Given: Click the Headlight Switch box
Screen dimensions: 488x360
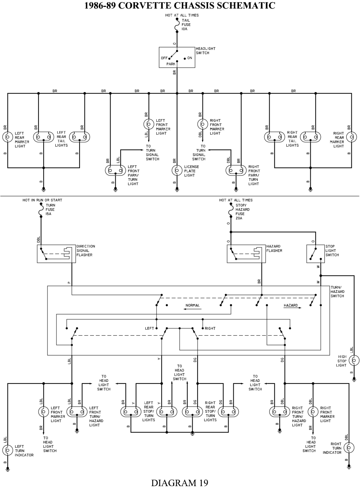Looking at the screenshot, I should [177, 57].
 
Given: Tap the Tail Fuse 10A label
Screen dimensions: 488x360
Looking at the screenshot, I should [186, 24].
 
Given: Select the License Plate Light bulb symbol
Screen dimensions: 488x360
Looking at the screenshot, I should [177, 170].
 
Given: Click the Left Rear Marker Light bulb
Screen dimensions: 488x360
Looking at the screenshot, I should [8, 137].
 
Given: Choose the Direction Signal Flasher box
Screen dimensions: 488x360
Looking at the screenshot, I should [56, 254].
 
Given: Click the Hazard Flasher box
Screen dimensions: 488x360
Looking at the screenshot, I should [246, 254].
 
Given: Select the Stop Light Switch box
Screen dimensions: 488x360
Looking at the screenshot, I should [315, 254].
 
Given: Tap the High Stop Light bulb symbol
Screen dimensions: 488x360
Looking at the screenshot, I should [354, 361].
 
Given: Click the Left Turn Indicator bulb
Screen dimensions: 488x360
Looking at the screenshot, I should [8, 450].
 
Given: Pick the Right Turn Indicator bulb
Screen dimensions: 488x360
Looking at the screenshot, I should [348, 448].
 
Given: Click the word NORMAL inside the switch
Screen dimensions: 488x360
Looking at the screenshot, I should [193, 305].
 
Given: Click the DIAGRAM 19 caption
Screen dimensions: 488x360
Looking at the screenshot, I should [180, 482].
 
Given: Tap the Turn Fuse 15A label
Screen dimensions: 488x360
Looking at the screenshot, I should [50, 210].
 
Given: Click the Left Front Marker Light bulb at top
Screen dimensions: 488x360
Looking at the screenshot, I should [148, 124].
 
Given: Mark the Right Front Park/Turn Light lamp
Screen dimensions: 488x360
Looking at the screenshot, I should [236, 170].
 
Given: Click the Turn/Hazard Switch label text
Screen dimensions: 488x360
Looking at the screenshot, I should [337, 292].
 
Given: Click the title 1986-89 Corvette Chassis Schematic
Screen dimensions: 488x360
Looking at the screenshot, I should [180, 5].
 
